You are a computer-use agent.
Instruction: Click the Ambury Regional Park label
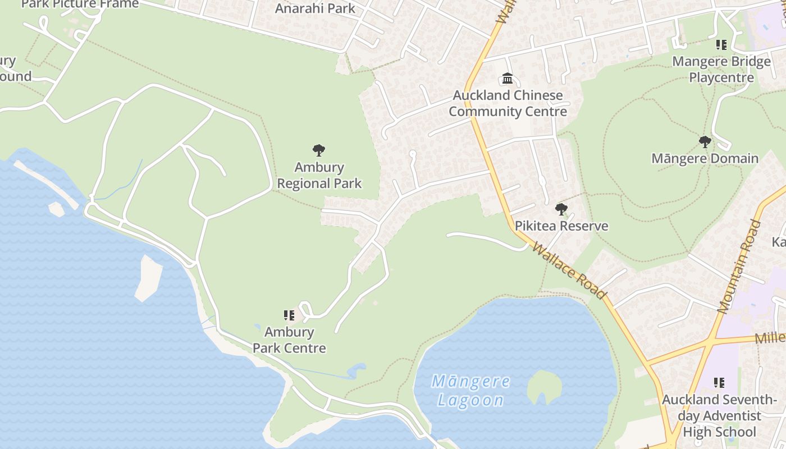[x=319, y=175]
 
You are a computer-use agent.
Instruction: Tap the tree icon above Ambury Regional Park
[x=319, y=150]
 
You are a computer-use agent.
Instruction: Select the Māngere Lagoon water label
[x=470, y=391]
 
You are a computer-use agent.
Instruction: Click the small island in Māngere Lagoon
[x=544, y=386]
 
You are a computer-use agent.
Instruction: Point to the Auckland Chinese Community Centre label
[x=508, y=103]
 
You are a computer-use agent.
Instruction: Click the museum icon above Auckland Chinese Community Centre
[x=508, y=78]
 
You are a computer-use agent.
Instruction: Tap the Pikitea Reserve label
[x=561, y=226]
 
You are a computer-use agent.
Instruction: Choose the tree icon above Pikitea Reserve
[x=561, y=210]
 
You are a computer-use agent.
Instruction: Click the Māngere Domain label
[x=705, y=158]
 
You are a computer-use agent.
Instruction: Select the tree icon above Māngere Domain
[x=705, y=141]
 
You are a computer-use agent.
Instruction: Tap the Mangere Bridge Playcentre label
[x=721, y=69]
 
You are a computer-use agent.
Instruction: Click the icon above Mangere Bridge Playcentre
[x=721, y=45]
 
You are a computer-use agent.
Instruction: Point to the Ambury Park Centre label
[x=289, y=340]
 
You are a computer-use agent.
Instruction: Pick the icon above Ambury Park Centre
[x=289, y=315]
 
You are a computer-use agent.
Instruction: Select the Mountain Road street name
[x=740, y=266]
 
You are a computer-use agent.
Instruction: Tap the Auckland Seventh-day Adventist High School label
[x=719, y=416]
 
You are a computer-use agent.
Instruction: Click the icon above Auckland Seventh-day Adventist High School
[x=719, y=383]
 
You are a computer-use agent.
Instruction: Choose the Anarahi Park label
[x=315, y=8]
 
